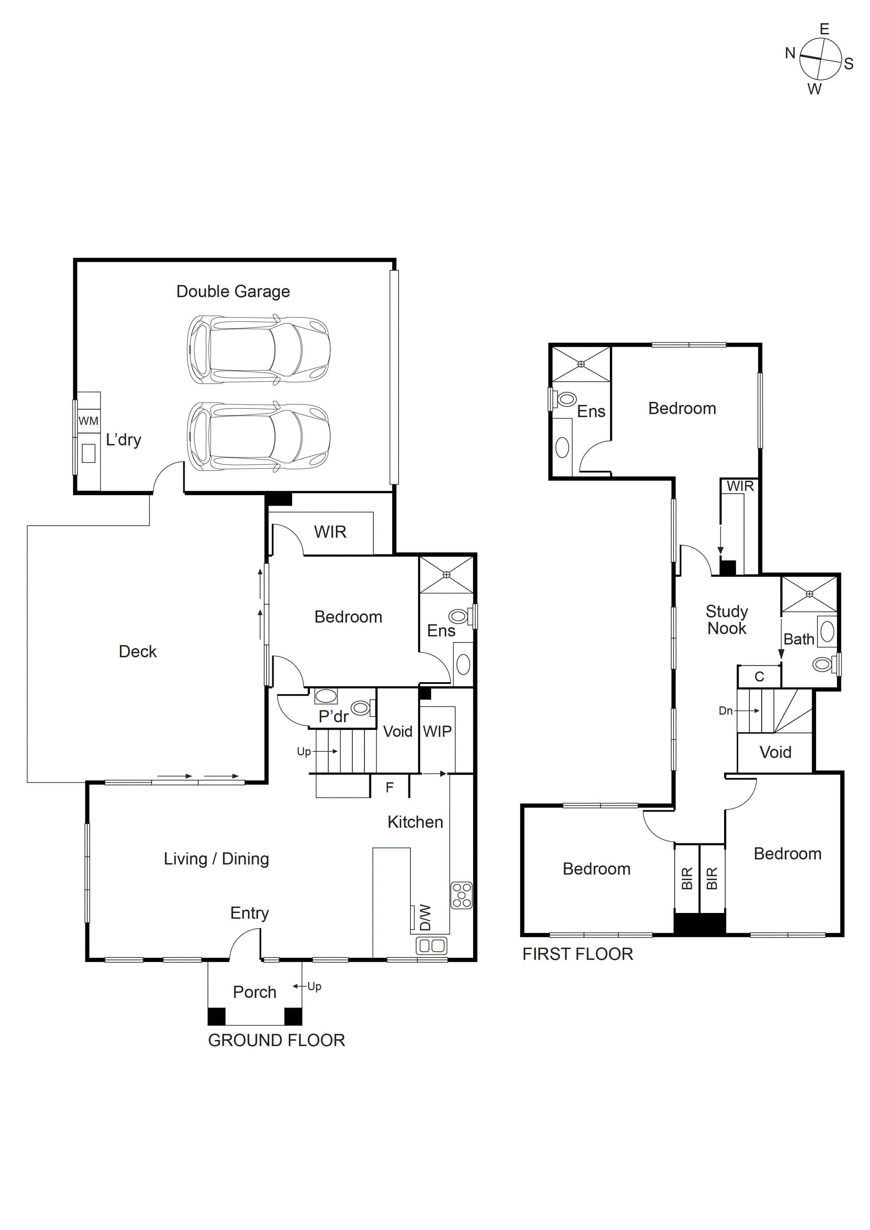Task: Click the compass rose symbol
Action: [x=820, y=60]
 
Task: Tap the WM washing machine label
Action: [x=88, y=421]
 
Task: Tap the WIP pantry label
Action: [x=437, y=731]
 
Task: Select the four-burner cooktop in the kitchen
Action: [x=461, y=895]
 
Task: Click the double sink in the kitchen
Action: [x=432, y=946]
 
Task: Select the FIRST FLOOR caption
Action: [x=578, y=954]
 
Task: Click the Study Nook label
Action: [x=726, y=620]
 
